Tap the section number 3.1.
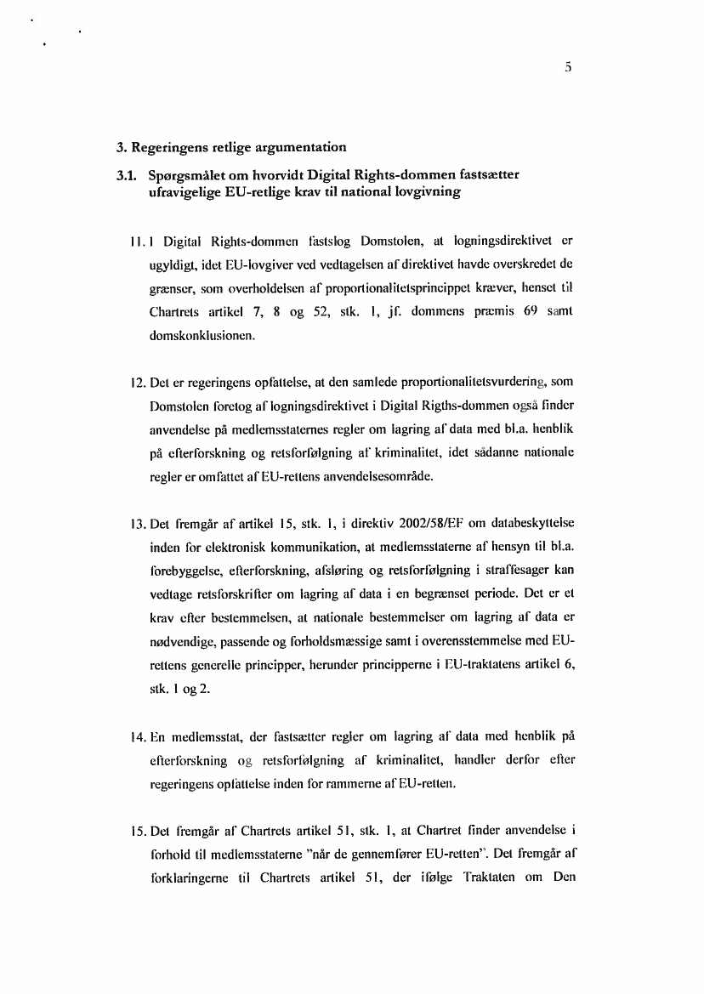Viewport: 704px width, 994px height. [128, 176]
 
